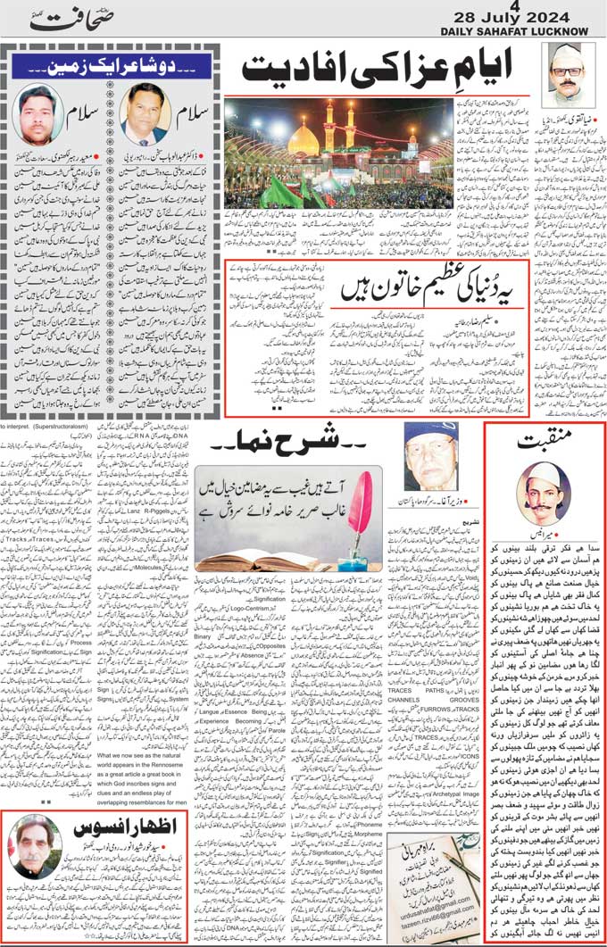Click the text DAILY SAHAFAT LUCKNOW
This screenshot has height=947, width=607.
point(515,33)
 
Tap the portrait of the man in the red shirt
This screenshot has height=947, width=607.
point(37,114)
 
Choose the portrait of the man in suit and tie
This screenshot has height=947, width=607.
point(146,114)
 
